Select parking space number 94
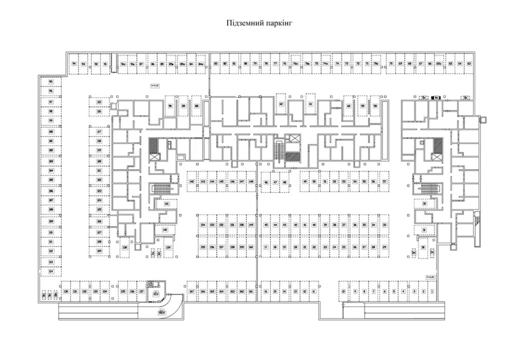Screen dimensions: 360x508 pos(74,63)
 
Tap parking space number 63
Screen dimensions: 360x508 pos(469,63)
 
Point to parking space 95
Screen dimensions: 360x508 pos(51,82)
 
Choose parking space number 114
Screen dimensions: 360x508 pos(51,271)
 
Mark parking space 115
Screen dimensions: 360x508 pos(99,102)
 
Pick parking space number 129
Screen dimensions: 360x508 pos(99,251)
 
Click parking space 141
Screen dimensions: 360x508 pos(166,204)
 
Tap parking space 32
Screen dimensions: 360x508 pos(425,204)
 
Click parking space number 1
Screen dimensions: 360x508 pos(432,291)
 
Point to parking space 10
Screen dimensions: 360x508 pos(344,291)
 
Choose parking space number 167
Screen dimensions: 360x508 pos(192,291)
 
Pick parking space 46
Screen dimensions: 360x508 pos(266,183)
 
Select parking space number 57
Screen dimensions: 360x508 pos(384,182)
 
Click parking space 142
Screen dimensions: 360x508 pos(192,182)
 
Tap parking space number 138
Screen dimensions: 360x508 pos(125,248)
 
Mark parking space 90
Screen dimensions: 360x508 pos(170,106)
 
